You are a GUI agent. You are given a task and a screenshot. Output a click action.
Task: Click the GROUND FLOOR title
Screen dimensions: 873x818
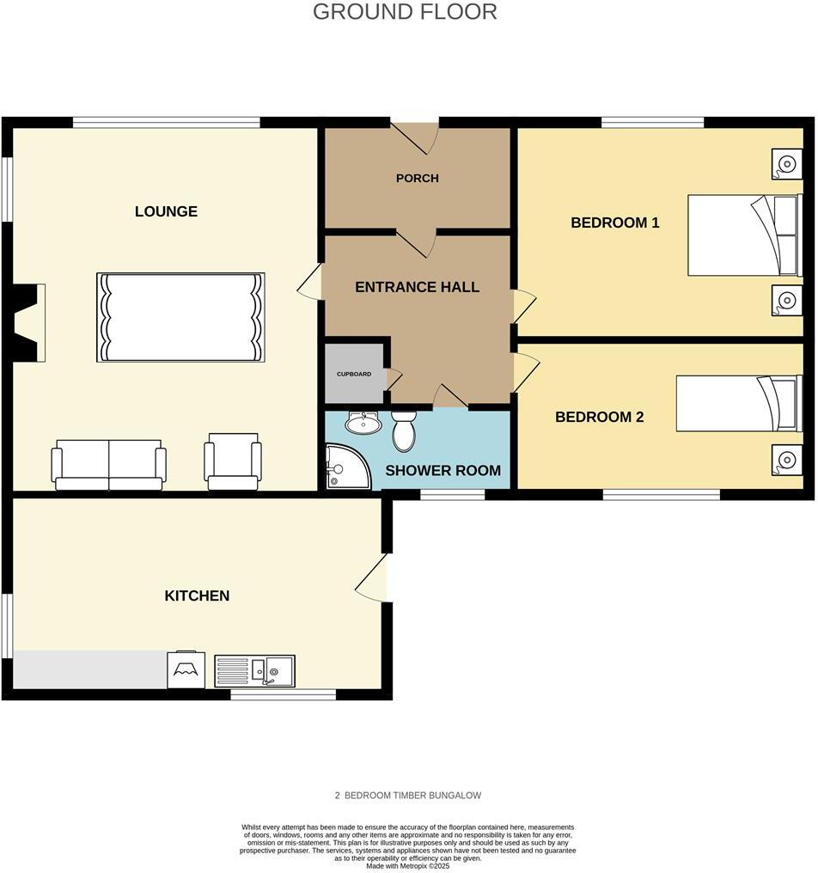click(405, 12)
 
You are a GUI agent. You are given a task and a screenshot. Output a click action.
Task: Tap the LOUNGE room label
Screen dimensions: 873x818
click(166, 211)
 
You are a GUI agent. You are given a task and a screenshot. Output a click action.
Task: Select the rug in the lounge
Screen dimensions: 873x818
click(180, 317)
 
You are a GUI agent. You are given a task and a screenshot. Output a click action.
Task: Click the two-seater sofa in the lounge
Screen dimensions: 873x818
click(109, 465)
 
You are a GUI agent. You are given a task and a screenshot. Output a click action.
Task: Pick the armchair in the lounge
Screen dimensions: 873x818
click(233, 461)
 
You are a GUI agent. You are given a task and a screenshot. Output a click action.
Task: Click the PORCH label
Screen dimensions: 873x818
click(417, 179)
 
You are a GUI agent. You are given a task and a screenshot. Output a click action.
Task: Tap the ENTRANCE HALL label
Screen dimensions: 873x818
click(417, 287)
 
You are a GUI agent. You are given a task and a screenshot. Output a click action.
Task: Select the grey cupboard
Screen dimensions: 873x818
click(354, 374)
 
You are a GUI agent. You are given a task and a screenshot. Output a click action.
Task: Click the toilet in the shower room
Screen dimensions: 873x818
click(403, 430)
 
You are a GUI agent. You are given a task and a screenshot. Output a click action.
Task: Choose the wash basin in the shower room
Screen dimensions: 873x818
click(363, 423)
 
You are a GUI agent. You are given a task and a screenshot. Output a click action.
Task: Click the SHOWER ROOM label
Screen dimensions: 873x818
click(443, 471)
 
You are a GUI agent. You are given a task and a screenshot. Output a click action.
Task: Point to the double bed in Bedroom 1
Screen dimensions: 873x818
click(744, 235)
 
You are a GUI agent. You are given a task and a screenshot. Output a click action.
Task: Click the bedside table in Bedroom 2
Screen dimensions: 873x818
click(785, 459)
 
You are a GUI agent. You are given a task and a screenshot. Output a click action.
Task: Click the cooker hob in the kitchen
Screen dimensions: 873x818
click(186, 669)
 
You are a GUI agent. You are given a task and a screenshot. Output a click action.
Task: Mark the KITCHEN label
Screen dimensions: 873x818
click(197, 595)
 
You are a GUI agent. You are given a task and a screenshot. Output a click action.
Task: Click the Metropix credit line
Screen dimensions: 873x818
click(408, 866)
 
